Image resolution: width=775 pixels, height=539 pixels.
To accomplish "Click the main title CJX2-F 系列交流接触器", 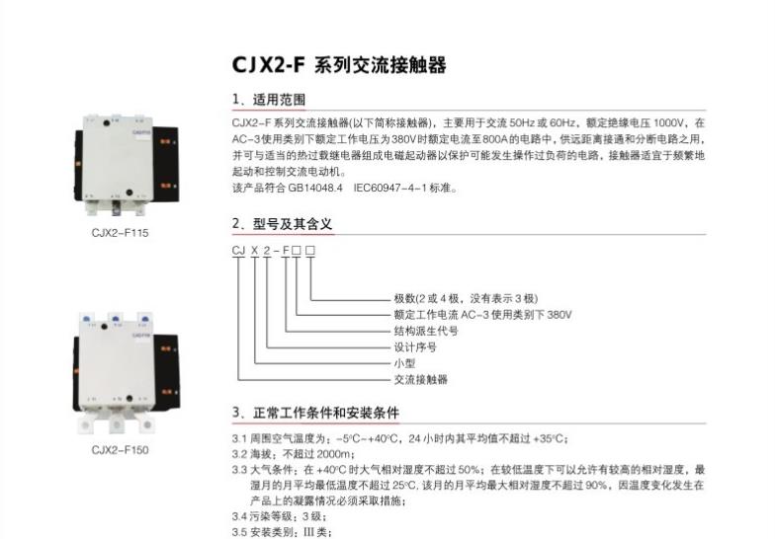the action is coord(339,65).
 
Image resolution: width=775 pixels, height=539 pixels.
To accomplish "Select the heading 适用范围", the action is coord(279,100).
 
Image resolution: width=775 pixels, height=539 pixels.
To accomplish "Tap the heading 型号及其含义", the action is coord(293,224).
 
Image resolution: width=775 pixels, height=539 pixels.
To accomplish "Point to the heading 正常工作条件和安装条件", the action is coord(326,413).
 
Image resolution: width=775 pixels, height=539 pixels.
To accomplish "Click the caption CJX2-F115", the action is coord(121,233).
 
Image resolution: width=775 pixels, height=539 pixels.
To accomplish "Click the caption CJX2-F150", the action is coord(121,450).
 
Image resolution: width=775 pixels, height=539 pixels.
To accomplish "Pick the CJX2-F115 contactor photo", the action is coord(127,166).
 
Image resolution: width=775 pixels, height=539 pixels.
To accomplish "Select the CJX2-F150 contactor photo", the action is coord(127,373).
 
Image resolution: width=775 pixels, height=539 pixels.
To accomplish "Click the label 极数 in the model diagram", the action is coord(405,298).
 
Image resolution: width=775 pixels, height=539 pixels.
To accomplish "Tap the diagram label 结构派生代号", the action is coord(426,332).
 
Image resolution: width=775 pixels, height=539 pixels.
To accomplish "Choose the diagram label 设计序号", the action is coord(415,347).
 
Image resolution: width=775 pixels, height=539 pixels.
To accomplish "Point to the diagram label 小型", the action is coord(405,363).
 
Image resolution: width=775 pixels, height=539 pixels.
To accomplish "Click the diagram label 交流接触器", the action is coord(421,379).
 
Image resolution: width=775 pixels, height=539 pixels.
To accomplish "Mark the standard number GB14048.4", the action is coord(315,188).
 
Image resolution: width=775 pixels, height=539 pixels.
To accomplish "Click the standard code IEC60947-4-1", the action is coord(389,188).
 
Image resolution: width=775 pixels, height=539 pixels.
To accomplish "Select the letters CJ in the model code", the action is coord(239,251).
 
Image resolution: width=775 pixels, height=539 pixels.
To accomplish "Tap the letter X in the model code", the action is coord(255,251).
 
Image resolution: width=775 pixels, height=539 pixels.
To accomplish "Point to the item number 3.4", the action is coord(239,517).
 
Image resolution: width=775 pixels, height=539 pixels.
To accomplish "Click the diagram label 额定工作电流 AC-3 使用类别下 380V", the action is coord(482,315).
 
